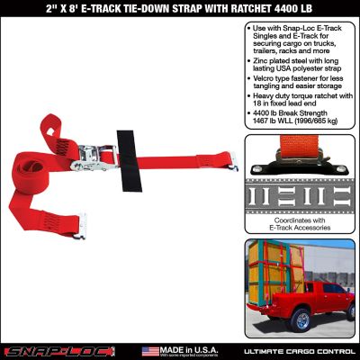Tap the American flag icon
click(151, 350)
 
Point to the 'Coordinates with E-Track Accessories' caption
click(300, 226)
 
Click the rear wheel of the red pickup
click(303, 321)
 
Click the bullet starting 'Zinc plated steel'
click(301, 62)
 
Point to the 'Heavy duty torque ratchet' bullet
click(301, 102)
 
